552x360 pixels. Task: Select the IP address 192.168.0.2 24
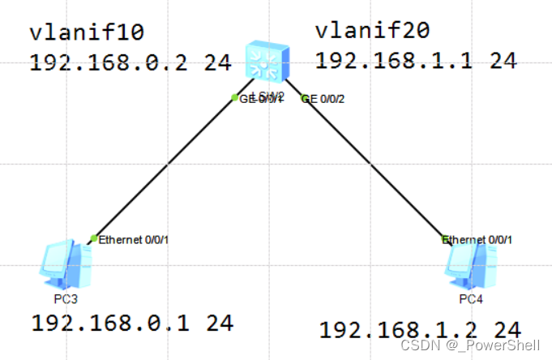pos(131,63)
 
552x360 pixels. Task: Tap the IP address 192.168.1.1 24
pos(416,60)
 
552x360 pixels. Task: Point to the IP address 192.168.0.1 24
pos(132,323)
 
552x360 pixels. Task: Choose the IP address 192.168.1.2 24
pos(419,330)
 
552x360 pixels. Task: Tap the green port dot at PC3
pos(94,238)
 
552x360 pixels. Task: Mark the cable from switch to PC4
pos(373,167)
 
